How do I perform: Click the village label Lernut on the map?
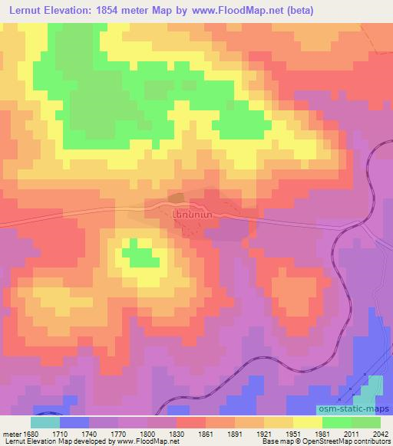[190, 217]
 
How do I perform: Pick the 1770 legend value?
[117, 434]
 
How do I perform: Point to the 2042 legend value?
[380, 434]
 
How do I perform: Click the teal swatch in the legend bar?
[45, 422]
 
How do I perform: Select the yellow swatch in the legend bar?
[307, 422]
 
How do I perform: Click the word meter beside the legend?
[11, 434]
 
